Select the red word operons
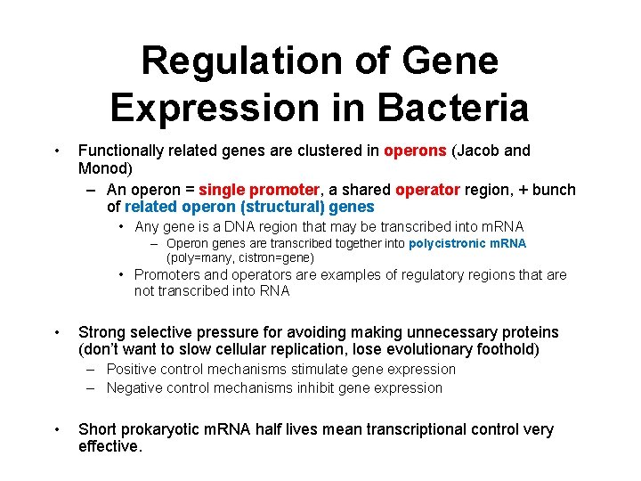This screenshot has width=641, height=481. pos(416,151)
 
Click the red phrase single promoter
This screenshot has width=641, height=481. pos(259,190)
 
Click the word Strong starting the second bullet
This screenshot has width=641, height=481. pos(102,332)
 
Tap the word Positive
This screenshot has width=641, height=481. pos(134,369)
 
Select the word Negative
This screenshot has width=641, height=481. pos(137,387)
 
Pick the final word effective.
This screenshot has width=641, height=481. pos(110,447)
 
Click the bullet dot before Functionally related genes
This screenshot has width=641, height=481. pos(55,151)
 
